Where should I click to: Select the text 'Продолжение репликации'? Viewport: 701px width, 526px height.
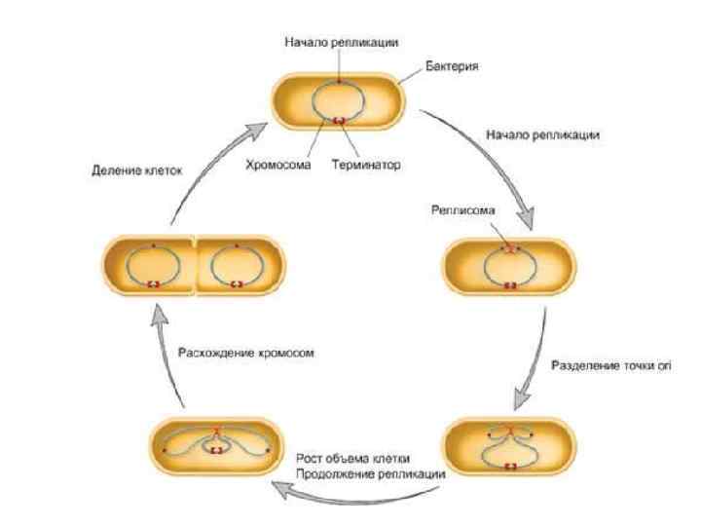click(x=370, y=473)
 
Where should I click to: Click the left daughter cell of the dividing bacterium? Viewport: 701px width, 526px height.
click(x=151, y=264)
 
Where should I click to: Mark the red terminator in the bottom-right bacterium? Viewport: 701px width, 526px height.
click(x=509, y=466)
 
